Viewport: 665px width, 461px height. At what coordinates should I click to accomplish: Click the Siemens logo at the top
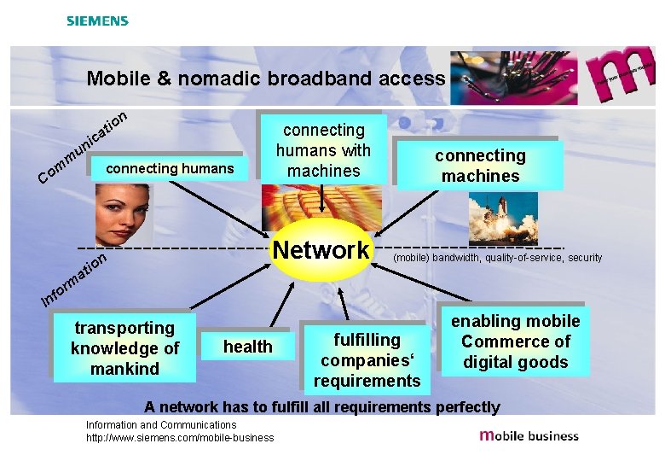[97, 20]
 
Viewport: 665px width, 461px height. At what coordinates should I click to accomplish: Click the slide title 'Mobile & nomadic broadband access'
[265, 79]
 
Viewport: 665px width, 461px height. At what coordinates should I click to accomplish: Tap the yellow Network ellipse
[321, 250]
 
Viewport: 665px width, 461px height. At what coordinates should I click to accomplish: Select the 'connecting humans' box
[170, 168]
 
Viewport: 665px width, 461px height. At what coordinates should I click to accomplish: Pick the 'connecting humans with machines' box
[323, 150]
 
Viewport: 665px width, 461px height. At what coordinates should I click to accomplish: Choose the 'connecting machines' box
[480, 166]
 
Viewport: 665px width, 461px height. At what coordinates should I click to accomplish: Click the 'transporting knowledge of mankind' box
[124, 348]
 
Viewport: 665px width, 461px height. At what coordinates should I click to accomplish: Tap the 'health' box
[247, 347]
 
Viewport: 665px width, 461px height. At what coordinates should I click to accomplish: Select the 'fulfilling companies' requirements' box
[367, 360]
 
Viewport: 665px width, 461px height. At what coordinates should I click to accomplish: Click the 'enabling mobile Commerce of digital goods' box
[515, 341]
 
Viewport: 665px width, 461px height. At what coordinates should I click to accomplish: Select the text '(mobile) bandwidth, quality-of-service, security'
[497, 258]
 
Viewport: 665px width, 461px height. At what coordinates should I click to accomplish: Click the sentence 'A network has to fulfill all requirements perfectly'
[322, 406]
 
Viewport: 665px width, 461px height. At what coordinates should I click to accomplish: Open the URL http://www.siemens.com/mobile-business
[180, 438]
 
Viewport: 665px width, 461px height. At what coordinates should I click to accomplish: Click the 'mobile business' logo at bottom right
[529, 435]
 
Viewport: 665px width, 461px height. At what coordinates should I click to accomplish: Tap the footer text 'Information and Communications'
[161, 425]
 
